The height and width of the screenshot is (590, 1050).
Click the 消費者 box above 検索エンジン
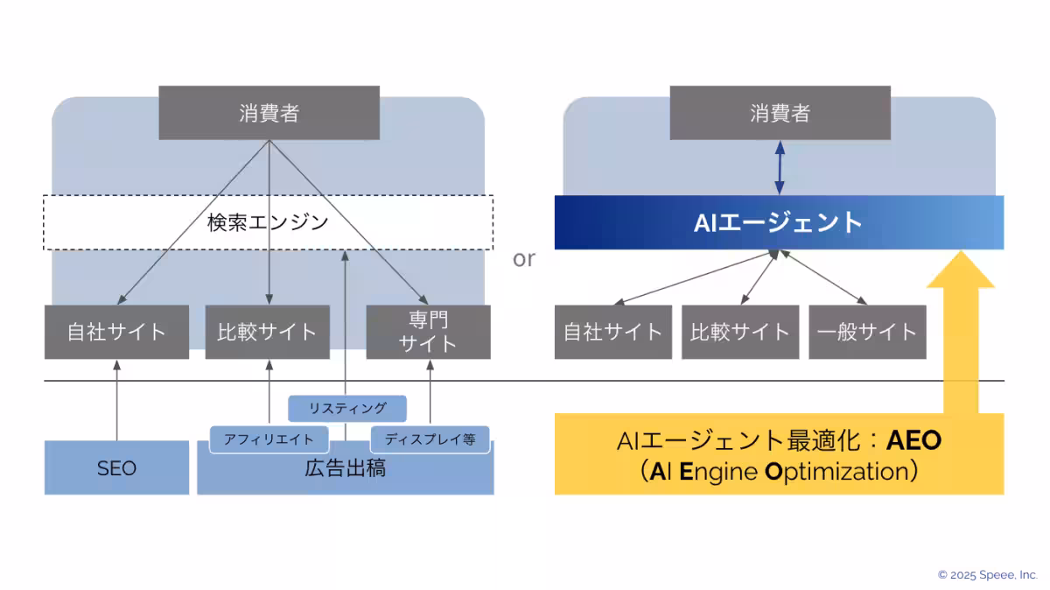pyautogui.click(x=269, y=113)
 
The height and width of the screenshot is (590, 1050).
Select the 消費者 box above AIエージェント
pyautogui.click(x=780, y=113)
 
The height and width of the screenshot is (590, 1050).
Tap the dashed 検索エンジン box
pyautogui.click(x=268, y=222)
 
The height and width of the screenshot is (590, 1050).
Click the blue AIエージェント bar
pyautogui.click(x=778, y=222)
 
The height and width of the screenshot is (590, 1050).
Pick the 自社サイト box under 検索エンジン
pyautogui.click(x=116, y=332)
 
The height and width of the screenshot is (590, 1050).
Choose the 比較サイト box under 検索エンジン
pyautogui.click(x=267, y=332)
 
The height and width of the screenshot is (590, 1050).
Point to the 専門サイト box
pyautogui.click(x=428, y=332)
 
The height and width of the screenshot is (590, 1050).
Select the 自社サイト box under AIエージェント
pyautogui.click(x=612, y=332)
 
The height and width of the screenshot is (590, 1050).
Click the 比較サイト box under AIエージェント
pyautogui.click(x=739, y=332)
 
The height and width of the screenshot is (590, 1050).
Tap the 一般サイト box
pyautogui.click(x=866, y=332)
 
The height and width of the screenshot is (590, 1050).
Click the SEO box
pyautogui.click(x=116, y=468)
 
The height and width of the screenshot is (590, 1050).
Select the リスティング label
pyautogui.click(x=347, y=408)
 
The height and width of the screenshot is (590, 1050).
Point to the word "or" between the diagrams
pyautogui.click(x=523, y=259)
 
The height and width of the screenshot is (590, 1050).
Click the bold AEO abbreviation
pyautogui.click(x=913, y=440)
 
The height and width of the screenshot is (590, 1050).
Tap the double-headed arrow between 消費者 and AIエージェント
pyautogui.click(x=780, y=167)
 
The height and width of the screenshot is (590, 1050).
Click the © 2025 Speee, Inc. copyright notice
pyautogui.click(x=987, y=575)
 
